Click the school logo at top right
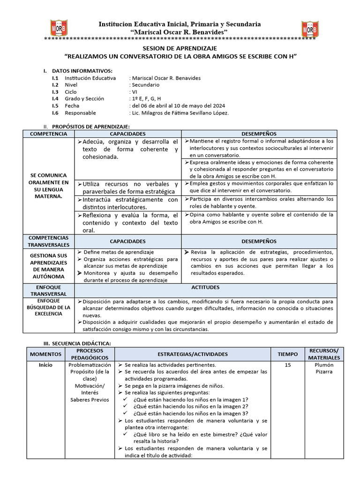[x=310, y=30]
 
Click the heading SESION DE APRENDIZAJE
[x=180, y=48]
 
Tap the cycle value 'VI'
[x=135, y=92]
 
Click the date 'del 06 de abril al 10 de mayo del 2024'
[x=178, y=106]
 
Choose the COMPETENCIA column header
[x=48, y=134]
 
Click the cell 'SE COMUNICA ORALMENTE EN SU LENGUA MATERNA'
[x=48, y=186]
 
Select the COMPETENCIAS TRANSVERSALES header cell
[x=48, y=241]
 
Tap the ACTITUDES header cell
[x=205, y=287]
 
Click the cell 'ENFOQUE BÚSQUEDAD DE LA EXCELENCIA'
[x=48, y=307]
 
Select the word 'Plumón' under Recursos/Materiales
[x=323, y=365]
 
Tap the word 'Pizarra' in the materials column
[x=323, y=372]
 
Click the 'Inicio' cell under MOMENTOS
[x=45, y=365]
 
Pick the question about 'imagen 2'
[x=190, y=406]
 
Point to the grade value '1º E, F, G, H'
[x=146, y=99]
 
